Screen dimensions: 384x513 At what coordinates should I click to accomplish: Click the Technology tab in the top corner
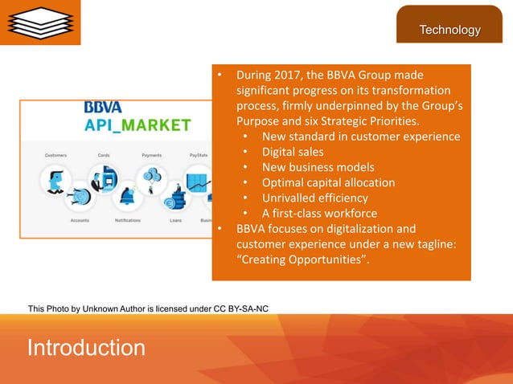(x=449, y=31)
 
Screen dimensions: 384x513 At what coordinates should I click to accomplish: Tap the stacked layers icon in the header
(x=40, y=22)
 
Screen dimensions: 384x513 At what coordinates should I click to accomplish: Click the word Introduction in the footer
(x=86, y=348)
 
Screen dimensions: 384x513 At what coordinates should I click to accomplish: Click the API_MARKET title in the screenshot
(x=137, y=125)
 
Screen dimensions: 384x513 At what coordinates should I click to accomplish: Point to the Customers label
(x=55, y=154)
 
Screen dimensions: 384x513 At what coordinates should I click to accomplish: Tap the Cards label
(x=104, y=154)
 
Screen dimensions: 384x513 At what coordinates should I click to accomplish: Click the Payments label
(x=151, y=154)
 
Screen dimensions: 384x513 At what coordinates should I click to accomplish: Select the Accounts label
(x=80, y=220)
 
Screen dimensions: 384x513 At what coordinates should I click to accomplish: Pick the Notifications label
(x=128, y=220)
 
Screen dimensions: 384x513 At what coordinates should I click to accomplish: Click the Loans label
(x=175, y=220)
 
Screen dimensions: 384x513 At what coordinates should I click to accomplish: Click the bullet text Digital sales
(x=293, y=152)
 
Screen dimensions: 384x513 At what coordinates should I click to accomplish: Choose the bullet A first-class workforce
(x=319, y=213)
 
